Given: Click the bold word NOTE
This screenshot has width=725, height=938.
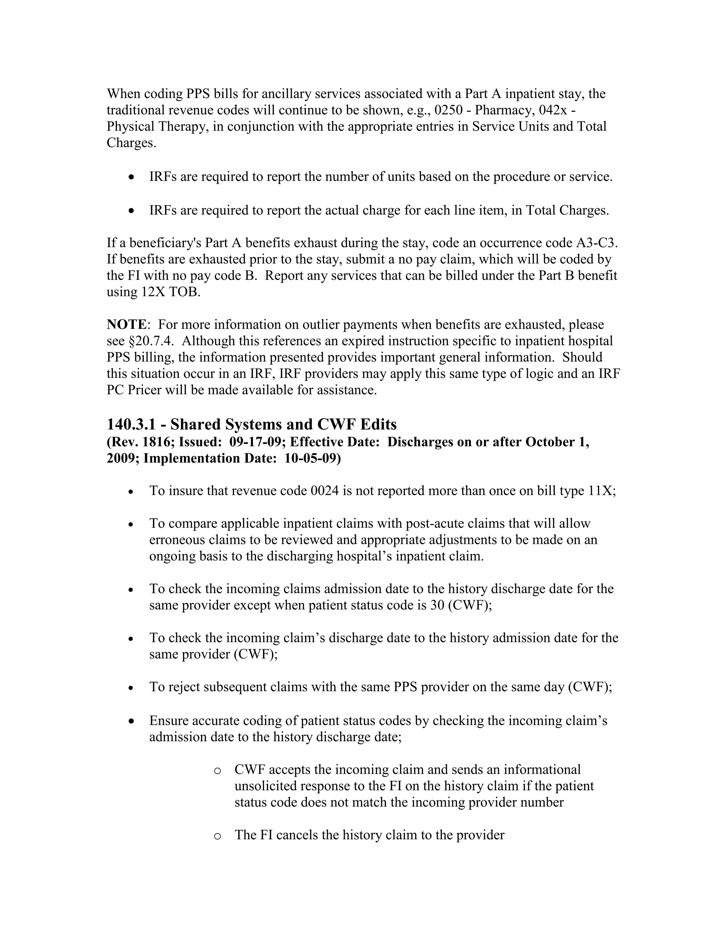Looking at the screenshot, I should click(126, 325).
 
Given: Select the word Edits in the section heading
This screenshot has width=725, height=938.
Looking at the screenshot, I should click(378, 424).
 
